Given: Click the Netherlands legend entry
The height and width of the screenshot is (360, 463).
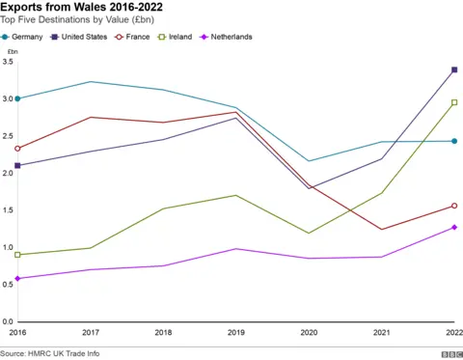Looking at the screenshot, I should [x=258, y=37].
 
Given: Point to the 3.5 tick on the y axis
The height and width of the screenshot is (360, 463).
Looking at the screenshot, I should [x=7, y=62].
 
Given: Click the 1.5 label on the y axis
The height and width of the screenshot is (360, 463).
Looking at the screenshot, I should [x=7, y=210].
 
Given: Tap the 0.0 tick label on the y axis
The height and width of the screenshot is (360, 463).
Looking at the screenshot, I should [x=7, y=321].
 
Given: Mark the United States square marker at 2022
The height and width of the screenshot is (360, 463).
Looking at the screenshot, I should [x=454, y=69].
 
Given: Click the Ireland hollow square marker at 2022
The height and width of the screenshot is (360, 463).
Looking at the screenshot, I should [x=454, y=102].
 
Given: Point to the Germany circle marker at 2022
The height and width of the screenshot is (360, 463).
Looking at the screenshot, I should [x=454, y=141].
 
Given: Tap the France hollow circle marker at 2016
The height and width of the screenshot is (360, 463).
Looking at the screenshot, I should [x=17, y=149].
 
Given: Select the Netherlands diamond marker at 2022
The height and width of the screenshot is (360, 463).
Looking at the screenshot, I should [x=454, y=227].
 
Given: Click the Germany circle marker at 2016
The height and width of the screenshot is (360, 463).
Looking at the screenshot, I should [x=17, y=98].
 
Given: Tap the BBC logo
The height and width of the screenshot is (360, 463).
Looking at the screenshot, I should [x=449, y=353].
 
